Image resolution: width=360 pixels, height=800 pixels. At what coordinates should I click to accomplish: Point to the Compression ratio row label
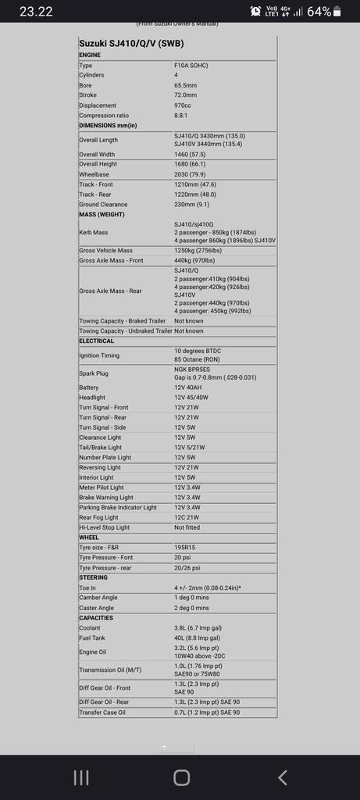[109, 116]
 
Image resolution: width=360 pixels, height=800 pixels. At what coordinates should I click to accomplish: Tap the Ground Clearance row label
[105, 204]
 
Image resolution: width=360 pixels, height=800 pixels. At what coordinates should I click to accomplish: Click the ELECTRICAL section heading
[96, 341]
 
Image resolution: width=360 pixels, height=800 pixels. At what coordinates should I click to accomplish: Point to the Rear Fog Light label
[98, 517]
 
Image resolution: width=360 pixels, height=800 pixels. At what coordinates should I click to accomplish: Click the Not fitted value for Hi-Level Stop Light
[188, 527]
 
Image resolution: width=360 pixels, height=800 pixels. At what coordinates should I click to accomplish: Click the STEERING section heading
[94, 577]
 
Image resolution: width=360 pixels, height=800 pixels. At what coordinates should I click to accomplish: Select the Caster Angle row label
[96, 608]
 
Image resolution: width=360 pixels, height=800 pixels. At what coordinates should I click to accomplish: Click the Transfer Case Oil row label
[102, 712]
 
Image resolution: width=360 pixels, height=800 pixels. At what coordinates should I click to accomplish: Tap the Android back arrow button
[282, 777]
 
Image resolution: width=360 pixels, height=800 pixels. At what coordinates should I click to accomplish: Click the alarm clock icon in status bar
[256, 12]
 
